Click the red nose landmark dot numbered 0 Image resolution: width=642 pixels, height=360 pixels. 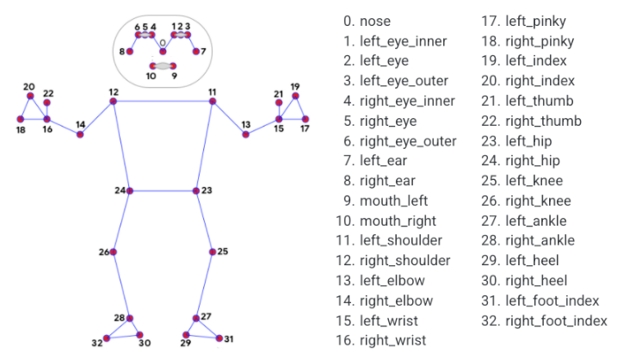click(163, 51)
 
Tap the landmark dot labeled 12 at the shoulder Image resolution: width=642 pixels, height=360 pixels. click(114, 101)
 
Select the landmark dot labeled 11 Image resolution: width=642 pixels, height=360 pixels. click(213, 101)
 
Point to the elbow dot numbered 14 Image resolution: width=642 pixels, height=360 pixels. click(80, 134)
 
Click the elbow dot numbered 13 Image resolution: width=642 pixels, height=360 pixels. click(245, 134)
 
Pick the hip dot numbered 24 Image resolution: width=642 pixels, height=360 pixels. click(130, 191)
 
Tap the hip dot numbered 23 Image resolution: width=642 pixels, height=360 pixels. click(196, 191)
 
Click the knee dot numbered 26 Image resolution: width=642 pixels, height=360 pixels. click(114, 251)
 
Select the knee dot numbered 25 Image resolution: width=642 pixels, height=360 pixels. click(213, 251)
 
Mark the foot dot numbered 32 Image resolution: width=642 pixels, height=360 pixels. click(107, 338)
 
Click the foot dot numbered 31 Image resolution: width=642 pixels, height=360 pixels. click(219, 338)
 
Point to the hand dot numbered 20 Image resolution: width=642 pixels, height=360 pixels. click(30, 96)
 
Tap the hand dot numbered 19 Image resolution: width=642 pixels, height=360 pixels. click(295, 96)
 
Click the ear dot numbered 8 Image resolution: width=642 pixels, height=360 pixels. click(130, 51)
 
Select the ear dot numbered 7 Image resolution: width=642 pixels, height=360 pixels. click(196, 51)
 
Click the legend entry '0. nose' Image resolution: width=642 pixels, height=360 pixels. click(367, 21)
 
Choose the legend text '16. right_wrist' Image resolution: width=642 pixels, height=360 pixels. click(380, 341)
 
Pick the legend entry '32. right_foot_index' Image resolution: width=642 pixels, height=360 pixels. click(544, 320)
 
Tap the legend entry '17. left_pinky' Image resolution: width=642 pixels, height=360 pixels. click(524, 22)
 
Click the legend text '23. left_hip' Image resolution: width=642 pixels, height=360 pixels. click(516, 141)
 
